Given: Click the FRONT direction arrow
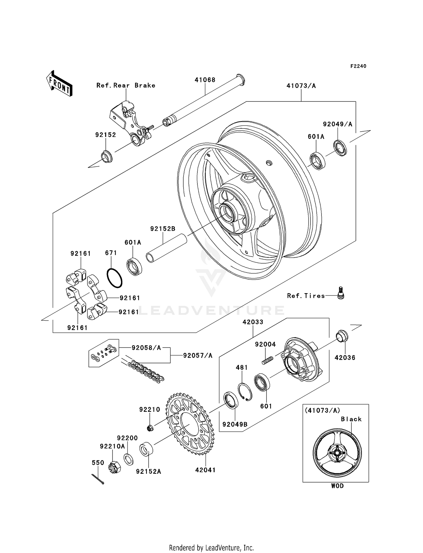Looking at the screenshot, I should click(60, 84).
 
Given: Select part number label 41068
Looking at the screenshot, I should click(205, 80).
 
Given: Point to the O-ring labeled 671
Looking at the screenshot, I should click(114, 278).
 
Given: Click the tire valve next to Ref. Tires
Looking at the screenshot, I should click(341, 293).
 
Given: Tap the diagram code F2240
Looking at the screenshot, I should click(358, 66).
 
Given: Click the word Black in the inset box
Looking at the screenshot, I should click(351, 419).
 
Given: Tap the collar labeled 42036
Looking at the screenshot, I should click(342, 336).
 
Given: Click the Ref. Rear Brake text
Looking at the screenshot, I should click(126, 85).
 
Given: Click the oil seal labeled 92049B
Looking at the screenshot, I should click(231, 400).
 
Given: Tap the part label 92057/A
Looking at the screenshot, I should click(198, 355).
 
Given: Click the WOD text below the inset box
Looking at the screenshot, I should click(337, 486).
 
